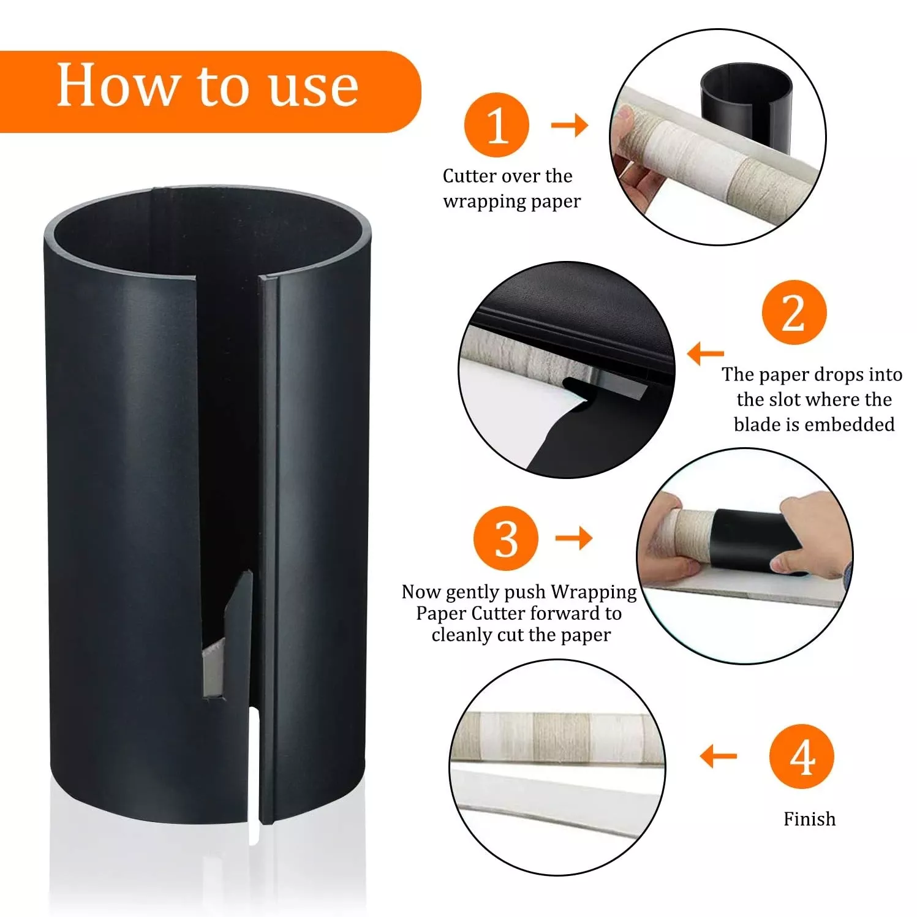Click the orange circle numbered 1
click(496, 125)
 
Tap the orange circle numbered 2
click(794, 312)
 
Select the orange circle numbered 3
click(506, 538)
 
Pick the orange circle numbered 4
click(802, 757)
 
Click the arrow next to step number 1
click(570, 126)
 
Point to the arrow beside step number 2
click(706, 353)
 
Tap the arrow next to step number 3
click(574, 538)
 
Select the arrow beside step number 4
click(719, 756)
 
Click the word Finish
click(809, 819)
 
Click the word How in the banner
click(117, 86)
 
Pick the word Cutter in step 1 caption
click(470, 176)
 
